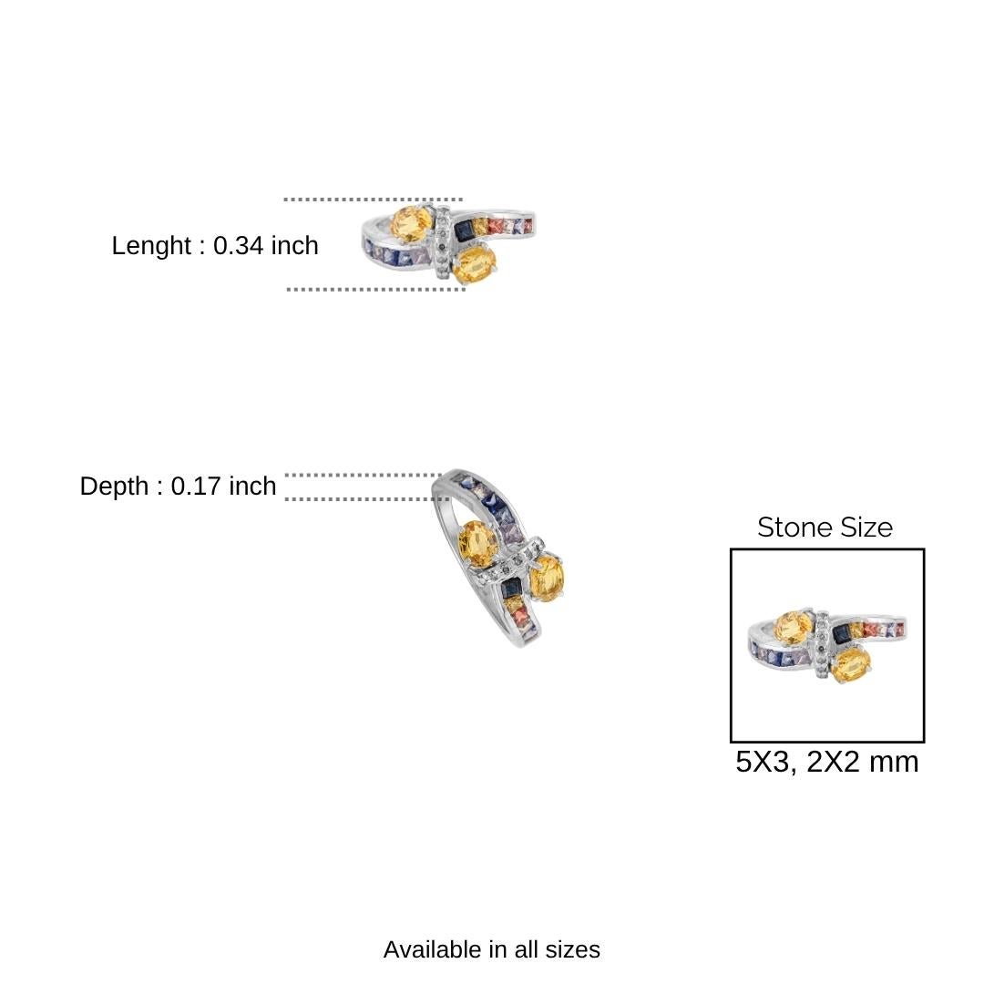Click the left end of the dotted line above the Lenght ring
pyautogui.click(x=285, y=200)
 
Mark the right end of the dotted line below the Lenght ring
pyautogui.click(x=464, y=290)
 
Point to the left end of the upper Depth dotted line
pyautogui.click(x=287, y=475)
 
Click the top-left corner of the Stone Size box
pyautogui.click(x=731, y=549)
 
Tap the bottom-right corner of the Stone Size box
pyautogui.click(x=924, y=742)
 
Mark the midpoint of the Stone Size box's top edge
pyautogui.click(x=827, y=549)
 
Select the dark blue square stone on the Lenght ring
pyautogui.click(x=464, y=231)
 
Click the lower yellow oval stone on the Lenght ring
pyautogui.click(x=475, y=264)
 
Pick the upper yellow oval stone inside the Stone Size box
pyautogui.click(x=794, y=627)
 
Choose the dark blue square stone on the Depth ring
pyautogui.click(x=511, y=588)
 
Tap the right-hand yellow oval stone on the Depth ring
pyautogui.click(x=548, y=578)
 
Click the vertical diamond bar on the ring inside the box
pyautogui.click(x=822, y=644)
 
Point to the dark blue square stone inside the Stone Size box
pyautogui.click(x=841, y=634)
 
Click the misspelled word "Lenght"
pyautogui.click(x=151, y=245)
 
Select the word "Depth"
pyautogui.click(x=114, y=487)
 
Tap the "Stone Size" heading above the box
pyautogui.click(x=825, y=528)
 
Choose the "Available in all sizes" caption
pyautogui.click(x=491, y=949)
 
